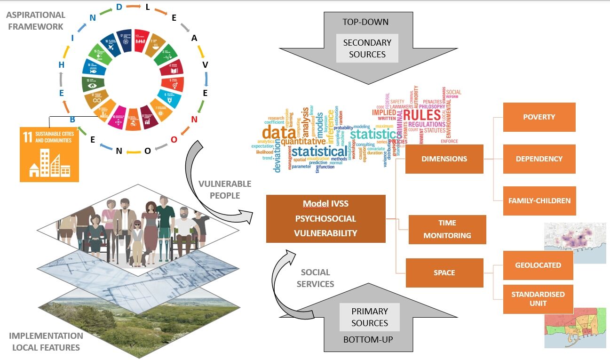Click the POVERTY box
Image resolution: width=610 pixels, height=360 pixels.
coord(539,117)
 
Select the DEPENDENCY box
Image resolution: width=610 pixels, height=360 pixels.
coord(539,159)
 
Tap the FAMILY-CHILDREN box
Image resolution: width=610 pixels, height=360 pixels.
coord(539,200)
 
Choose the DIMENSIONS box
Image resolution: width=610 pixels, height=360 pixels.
coord(444,159)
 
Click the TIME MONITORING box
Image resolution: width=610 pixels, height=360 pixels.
coord(447,229)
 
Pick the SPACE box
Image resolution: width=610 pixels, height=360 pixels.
coord(444,273)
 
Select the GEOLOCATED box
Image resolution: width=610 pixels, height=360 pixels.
coord(538,265)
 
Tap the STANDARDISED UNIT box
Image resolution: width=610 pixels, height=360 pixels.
coord(538,299)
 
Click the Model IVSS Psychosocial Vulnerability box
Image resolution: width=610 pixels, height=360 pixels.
coord(325,219)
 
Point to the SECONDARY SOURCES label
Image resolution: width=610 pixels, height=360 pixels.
coord(367,48)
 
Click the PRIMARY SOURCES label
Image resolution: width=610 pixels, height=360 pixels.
coord(370,317)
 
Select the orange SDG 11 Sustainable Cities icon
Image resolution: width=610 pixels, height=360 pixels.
coord(49,154)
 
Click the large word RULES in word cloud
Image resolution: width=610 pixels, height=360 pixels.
coord(421,116)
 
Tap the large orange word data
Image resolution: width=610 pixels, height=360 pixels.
coord(276,133)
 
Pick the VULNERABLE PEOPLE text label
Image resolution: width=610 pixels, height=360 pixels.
coord(225,189)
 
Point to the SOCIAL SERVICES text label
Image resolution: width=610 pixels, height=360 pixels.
coord(315,278)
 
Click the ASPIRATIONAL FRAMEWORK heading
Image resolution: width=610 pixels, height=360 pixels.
coord(35,21)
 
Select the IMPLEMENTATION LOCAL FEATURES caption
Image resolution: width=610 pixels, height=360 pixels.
coord(46,342)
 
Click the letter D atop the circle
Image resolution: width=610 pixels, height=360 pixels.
coord(119,7)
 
